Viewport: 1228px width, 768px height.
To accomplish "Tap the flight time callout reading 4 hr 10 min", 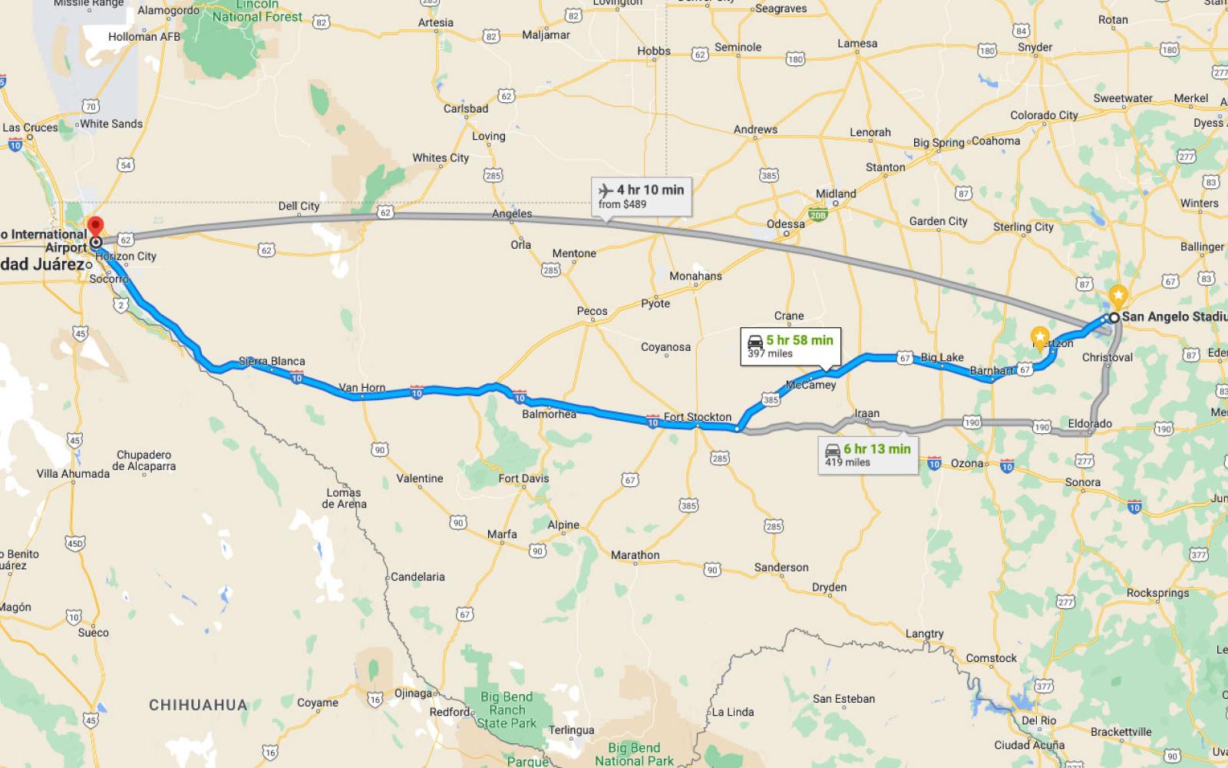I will click(x=642, y=197).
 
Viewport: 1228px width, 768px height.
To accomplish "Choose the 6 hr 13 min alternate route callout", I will click(x=868, y=455).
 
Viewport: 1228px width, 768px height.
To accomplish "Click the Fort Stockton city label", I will click(x=697, y=417).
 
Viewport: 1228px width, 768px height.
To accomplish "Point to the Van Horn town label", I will click(x=362, y=387).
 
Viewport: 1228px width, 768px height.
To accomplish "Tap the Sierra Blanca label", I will click(x=272, y=361).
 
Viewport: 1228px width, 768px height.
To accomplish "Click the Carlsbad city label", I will click(x=466, y=108).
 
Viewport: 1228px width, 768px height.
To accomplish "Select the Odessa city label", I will click(x=786, y=224).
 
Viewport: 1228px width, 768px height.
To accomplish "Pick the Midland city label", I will click(x=836, y=194).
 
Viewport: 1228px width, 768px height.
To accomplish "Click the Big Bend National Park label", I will click(x=634, y=754).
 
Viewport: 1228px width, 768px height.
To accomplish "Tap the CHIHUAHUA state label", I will click(x=198, y=705).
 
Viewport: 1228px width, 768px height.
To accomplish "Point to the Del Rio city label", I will click(x=1039, y=720).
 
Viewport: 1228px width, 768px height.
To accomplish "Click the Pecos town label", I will click(x=592, y=311).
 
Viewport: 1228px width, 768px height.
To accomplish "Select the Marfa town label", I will click(x=502, y=534).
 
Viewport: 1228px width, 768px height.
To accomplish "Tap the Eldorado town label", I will click(x=1090, y=423).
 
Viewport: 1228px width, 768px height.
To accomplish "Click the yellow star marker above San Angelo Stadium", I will click(x=1119, y=294).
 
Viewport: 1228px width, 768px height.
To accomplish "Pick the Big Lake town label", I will click(x=942, y=357).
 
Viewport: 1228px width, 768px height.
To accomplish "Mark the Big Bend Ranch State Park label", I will click(x=507, y=710).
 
